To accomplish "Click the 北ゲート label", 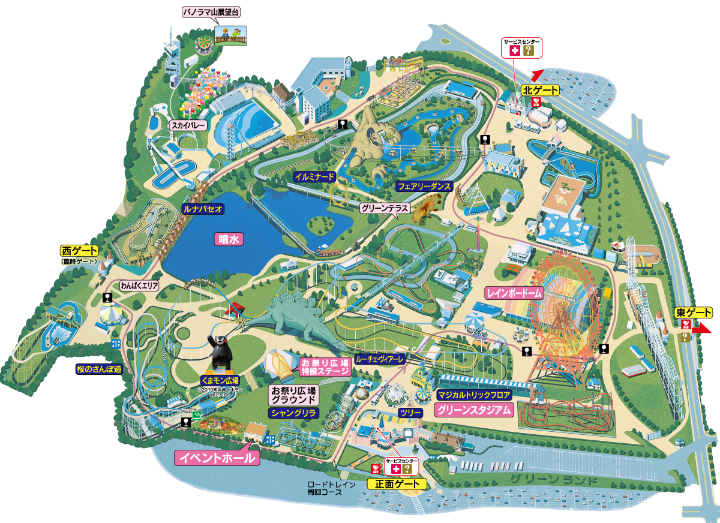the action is (539, 91).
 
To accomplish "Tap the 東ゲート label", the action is (693, 312).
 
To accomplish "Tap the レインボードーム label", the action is (514, 293).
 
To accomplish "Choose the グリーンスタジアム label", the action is (474, 410).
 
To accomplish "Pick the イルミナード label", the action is (314, 176).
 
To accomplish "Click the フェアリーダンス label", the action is (424, 187).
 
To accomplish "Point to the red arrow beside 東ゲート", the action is (702, 329).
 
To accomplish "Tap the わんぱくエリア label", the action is (139, 285).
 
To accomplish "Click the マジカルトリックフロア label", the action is (474, 395).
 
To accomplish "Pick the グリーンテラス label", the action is (385, 209).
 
